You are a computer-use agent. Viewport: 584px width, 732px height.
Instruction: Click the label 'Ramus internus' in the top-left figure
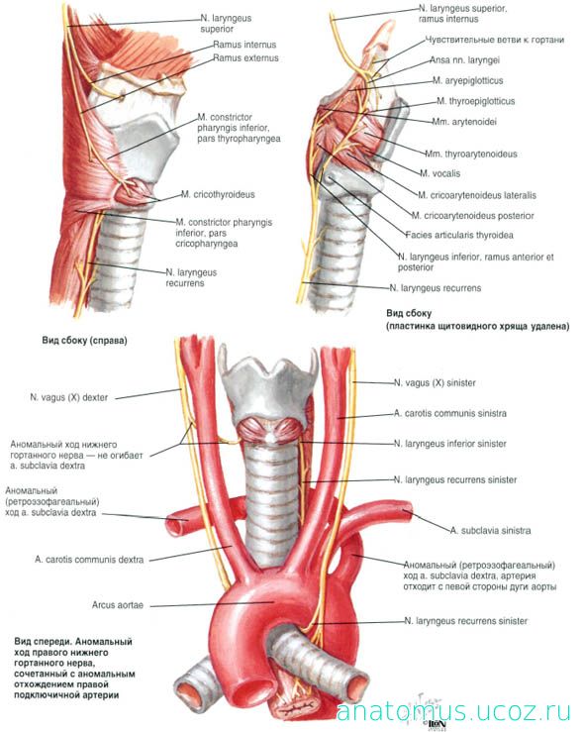tap(244, 45)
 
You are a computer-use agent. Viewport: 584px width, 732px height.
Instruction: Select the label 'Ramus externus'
tap(245, 57)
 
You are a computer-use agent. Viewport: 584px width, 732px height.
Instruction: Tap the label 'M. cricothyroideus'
tap(218, 194)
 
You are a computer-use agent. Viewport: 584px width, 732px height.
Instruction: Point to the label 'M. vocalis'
tap(439, 173)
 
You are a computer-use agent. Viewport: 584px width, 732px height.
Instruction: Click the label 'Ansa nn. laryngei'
tap(464, 60)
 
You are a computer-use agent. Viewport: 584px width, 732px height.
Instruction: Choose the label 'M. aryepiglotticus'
tap(468, 81)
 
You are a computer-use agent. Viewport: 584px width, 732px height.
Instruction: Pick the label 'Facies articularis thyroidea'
tap(459, 236)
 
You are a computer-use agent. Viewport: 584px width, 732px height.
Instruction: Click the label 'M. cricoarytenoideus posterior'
tap(472, 216)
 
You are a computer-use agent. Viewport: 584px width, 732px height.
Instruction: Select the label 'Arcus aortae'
tap(118, 605)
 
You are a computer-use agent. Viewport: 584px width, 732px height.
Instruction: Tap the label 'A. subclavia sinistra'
tap(490, 530)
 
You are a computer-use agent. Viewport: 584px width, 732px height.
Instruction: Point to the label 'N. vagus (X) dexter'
tap(69, 397)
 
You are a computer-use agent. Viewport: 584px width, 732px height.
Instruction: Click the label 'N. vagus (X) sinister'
tap(435, 382)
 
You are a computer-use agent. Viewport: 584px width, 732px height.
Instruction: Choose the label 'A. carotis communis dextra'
tap(89, 560)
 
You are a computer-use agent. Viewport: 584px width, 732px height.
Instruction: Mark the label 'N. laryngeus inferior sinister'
tap(450, 444)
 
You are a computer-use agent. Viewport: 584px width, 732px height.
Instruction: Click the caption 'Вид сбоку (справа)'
tap(84, 341)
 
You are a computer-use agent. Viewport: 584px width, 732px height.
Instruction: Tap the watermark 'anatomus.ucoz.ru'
tap(453, 712)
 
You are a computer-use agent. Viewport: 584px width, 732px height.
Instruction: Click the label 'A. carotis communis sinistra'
tap(450, 413)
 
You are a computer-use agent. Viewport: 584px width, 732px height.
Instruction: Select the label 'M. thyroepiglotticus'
tap(476, 101)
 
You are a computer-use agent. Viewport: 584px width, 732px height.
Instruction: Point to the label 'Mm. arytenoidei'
tap(464, 122)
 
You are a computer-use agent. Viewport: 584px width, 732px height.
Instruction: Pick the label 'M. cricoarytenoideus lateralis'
tap(477, 195)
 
